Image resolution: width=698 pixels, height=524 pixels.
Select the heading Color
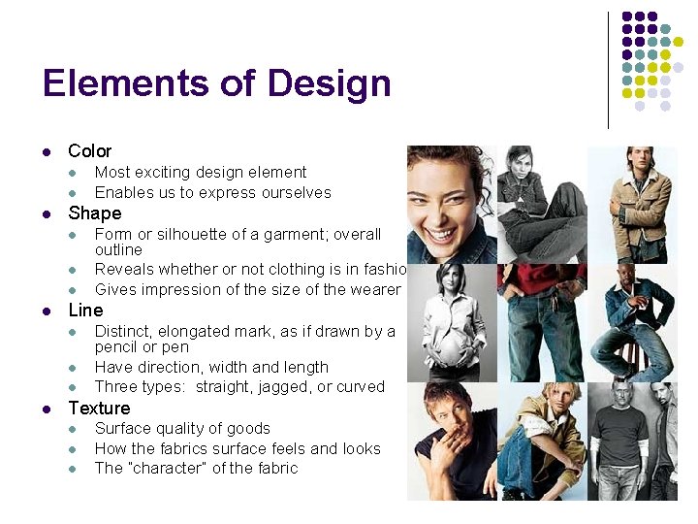click(x=89, y=151)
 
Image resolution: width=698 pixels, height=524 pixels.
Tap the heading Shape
click(x=94, y=213)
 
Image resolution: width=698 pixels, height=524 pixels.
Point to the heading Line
click(x=85, y=311)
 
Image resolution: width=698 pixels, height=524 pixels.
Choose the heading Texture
click(x=99, y=409)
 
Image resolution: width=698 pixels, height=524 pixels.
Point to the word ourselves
click(x=291, y=192)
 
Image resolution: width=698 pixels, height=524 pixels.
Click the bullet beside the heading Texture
click(x=46, y=409)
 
